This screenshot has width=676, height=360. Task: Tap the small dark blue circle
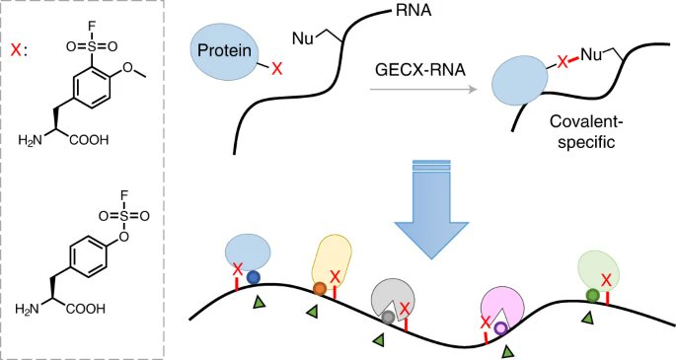pyautogui.click(x=253, y=277)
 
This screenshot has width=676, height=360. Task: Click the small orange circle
pyautogui.click(x=320, y=289)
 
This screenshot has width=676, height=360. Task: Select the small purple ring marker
pyautogui.click(x=501, y=328)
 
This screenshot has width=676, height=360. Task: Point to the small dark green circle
pyautogui.click(x=591, y=295)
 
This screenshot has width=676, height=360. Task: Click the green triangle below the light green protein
pyautogui.click(x=588, y=317)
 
